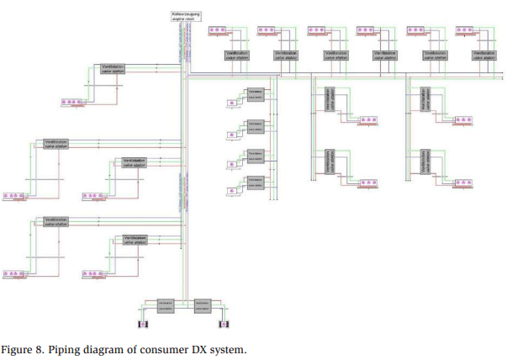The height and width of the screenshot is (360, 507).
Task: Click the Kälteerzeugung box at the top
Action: coord(183,16)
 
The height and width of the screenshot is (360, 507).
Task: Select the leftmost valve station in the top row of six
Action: coord(237,55)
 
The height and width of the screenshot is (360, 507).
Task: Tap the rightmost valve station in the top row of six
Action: coord(484,55)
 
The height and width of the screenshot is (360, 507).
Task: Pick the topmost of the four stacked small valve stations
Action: coord(256,93)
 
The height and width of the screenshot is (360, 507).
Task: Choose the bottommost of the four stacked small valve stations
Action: coord(256,183)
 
